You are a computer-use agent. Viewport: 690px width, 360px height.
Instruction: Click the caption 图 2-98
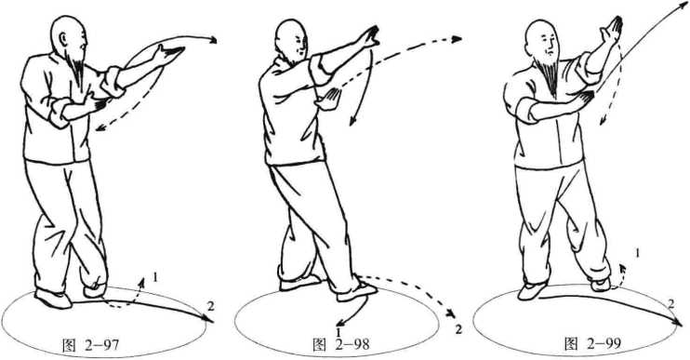[341, 344]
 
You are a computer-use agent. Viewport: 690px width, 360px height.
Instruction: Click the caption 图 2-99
[592, 343]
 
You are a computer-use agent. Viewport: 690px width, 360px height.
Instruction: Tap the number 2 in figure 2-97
[211, 307]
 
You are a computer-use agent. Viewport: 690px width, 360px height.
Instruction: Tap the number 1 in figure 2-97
[155, 277]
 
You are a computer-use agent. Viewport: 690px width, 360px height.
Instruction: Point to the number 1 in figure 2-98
[338, 331]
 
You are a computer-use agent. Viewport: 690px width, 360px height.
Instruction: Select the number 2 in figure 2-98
[458, 329]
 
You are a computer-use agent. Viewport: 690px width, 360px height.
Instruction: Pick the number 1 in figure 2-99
[638, 253]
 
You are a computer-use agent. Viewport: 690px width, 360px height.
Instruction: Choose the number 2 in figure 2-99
[670, 303]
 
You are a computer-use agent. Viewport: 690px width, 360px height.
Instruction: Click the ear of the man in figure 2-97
[61, 39]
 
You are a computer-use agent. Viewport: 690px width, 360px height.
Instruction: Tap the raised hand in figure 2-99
[612, 31]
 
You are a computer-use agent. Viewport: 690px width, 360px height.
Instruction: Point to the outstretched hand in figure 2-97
[168, 54]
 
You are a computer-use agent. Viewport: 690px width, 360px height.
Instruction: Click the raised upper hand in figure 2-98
[369, 37]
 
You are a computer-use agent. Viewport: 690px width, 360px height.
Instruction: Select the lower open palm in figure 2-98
[328, 99]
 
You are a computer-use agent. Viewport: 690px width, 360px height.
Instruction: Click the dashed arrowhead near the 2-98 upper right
[457, 39]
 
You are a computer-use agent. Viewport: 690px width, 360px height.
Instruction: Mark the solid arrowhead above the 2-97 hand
[213, 41]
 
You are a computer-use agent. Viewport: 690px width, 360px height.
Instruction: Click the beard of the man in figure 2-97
[78, 70]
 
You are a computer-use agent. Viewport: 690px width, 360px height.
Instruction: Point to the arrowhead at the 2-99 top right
[684, 4]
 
